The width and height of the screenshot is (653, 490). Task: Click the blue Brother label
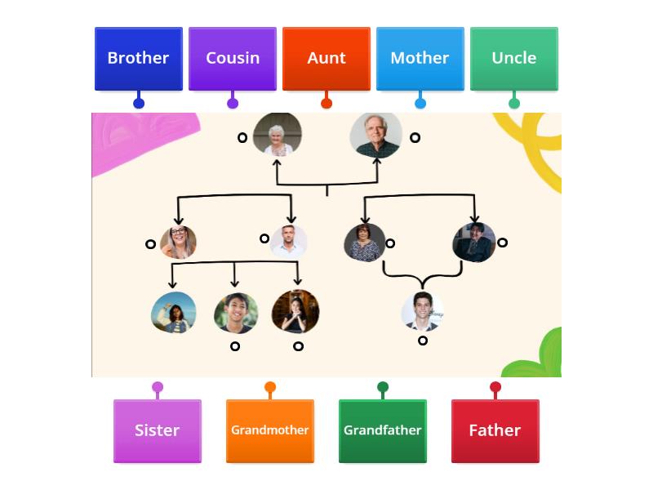coord(138,59)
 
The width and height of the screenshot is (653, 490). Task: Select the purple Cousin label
coord(233,59)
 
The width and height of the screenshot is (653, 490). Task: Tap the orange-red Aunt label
coord(326,59)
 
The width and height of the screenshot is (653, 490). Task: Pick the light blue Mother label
coord(420,59)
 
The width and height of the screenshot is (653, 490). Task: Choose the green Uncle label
coord(514,59)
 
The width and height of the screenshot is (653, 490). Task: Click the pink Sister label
coord(158,430)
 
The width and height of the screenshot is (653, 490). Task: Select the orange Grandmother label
coord(270,430)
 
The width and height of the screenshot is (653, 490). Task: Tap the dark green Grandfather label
coord(383,430)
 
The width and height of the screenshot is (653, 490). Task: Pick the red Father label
coord(495,430)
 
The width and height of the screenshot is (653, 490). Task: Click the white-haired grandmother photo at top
coord(278,134)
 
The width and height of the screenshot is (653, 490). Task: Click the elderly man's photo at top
coord(376,135)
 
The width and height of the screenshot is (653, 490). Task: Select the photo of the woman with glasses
coord(178,243)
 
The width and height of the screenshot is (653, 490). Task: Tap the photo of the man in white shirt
coord(288,241)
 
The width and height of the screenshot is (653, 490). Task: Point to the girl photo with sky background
coord(174,313)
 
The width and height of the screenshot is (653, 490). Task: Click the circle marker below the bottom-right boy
coord(423,341)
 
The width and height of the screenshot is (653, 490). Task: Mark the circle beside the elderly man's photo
coord(415,138)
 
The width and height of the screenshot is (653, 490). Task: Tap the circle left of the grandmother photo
coord(242,138)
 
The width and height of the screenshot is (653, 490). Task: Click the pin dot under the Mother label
coord(420,103)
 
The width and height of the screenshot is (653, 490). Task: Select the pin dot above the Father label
coord(495,387)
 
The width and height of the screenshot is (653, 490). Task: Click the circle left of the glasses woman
coord(150,244)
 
